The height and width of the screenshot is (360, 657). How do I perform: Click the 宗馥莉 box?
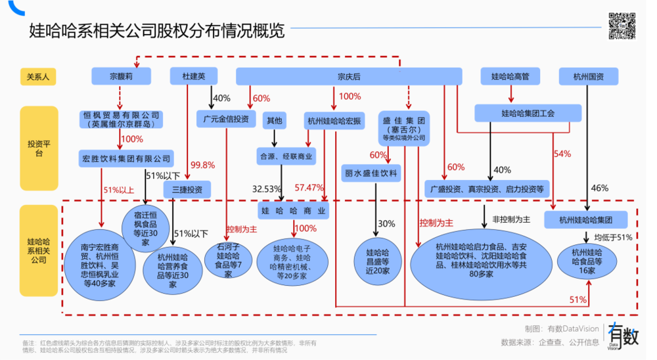pyautogui.click(x=126, y=77)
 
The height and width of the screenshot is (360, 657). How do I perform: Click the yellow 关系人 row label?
pyautogui.click(x=37, y=77)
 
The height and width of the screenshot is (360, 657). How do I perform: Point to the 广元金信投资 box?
pyautogui.click(x=226, y=119)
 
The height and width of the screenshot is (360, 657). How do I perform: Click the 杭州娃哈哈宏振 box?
pyautogui.click(x=334, y=121)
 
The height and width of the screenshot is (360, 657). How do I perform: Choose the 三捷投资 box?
pyautogui.click(x=187, y=189)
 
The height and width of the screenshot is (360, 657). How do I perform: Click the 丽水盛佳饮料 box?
pyautogui.click(x=371, y=173)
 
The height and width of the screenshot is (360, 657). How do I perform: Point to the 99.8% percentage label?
pyautogui.click(x=202, y=165)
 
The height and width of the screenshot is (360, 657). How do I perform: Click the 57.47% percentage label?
pyautogui.click(x=309, y=188)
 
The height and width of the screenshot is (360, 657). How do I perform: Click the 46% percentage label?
pyautogui.click(x=599, y=188)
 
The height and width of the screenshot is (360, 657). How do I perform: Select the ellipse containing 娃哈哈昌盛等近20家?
pyautogui.click(x=378, y=261)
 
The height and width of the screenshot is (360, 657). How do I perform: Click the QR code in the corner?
pyautogui.click(x=622, y=26)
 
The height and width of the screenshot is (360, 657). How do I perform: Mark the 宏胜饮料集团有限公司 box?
pyautogui.click(x=125, y=158)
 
